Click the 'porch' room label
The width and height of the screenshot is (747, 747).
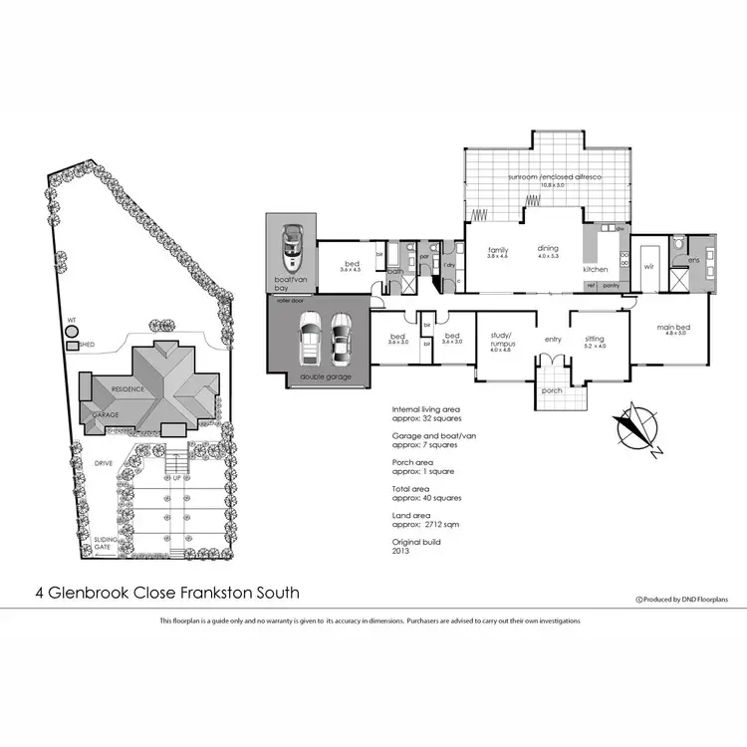pos(551,390)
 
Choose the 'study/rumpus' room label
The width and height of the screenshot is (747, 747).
pos(499,342)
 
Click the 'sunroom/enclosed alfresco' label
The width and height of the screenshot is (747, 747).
pos(550,176)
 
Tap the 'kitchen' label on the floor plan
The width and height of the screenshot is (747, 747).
pos(596,270)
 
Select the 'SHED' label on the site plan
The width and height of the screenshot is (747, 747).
pos(87,347)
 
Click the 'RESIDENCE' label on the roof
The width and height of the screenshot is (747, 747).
pos(127,388)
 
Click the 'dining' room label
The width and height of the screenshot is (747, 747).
pos(548,249)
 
